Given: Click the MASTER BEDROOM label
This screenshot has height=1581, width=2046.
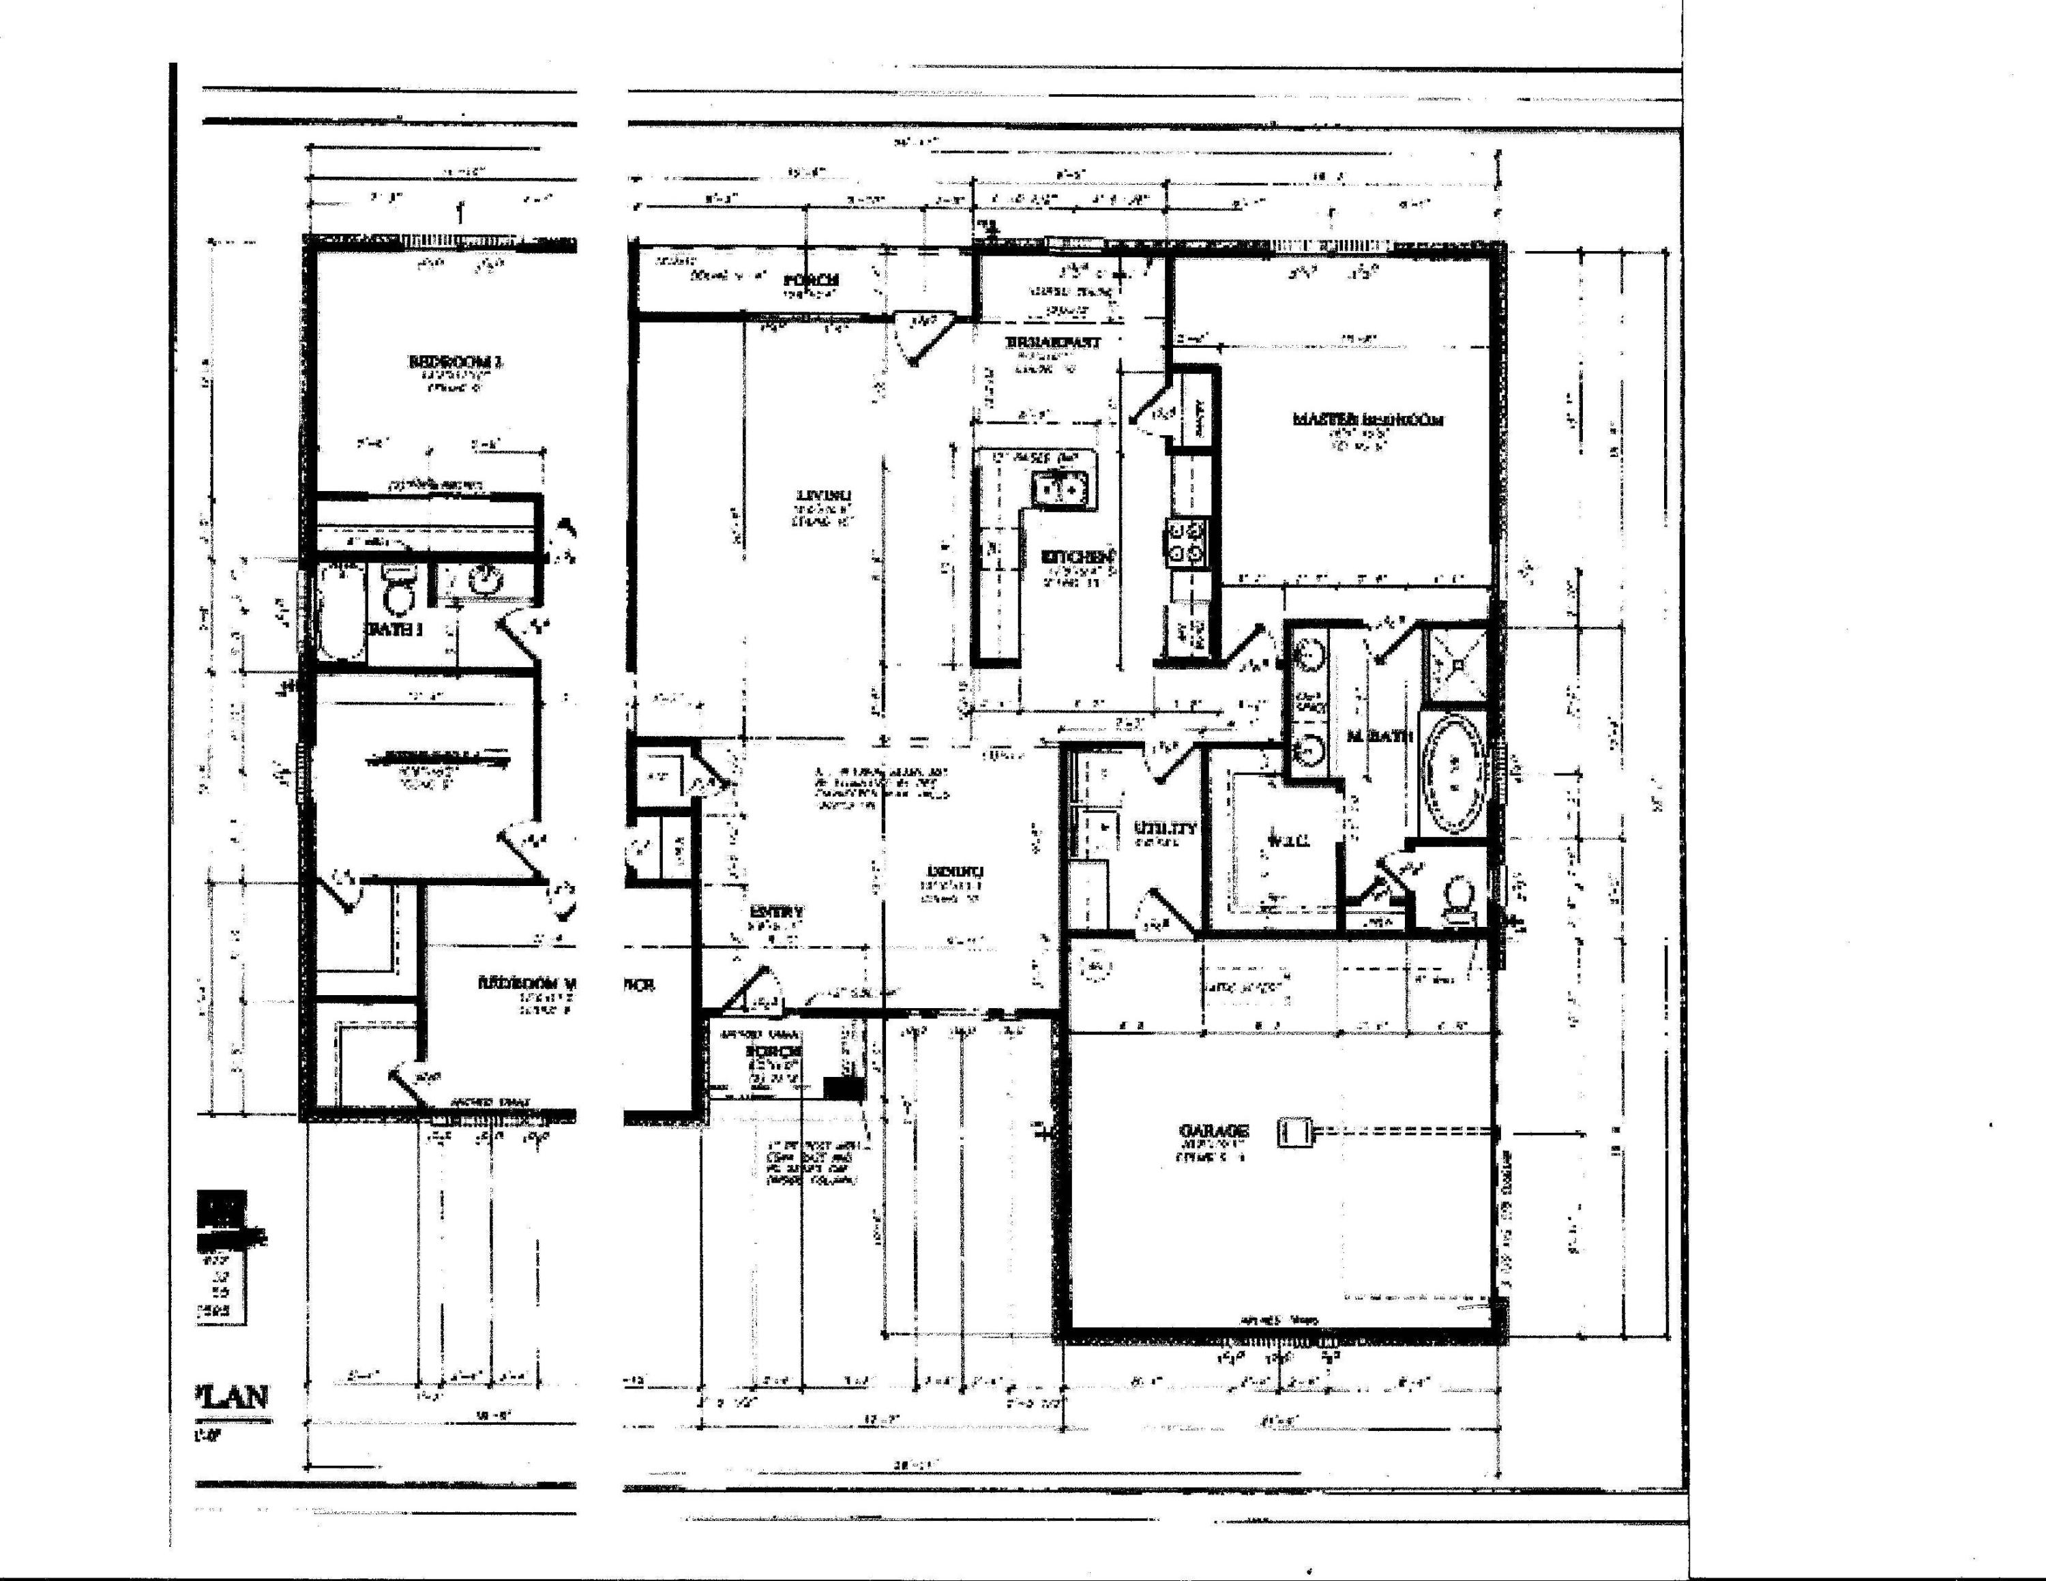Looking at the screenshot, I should [1367, 419].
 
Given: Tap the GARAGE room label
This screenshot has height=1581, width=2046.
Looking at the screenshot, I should [1213, 1130].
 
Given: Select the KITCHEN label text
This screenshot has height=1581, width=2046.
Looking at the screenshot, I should [1078, 557].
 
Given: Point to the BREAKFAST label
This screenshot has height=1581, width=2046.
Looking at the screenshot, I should [1054, 343].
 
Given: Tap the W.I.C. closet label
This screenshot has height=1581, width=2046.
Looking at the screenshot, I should [1288, 840].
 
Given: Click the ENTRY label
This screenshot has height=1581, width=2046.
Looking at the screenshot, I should [777, 911].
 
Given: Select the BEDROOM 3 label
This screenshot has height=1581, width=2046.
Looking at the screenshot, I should [456, 361].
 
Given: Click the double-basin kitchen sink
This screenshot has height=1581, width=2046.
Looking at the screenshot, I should [1063, 488].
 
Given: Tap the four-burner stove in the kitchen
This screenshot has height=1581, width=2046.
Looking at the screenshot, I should [1186, 543].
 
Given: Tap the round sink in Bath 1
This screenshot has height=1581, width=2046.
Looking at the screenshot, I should [484, 582].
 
